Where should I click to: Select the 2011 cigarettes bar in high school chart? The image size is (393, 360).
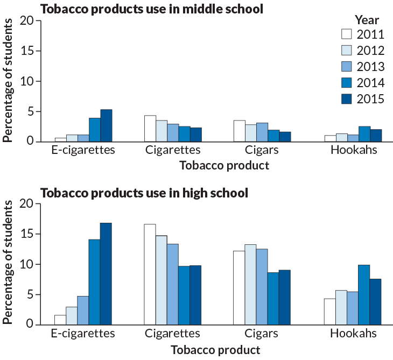pyautogui.click(x=150, y=274)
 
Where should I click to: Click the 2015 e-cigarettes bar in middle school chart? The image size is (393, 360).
pyautogui.click(x=106, y=125)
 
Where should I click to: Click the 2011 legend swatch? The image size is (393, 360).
pyautogui.click(x=347, y=34)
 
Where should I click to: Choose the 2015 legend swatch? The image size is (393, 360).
pyautogui.click(x=347, y=99)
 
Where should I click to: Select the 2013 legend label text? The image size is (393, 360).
pyautogui.click(x=370, y=67)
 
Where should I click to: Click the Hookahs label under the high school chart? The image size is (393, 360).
pyautogui.click(x=353, y=334)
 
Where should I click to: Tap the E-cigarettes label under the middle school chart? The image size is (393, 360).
pyautogui.click(x=83, y=150)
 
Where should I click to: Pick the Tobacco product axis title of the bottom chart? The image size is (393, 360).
pyautogui.click(x=215, y=350)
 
